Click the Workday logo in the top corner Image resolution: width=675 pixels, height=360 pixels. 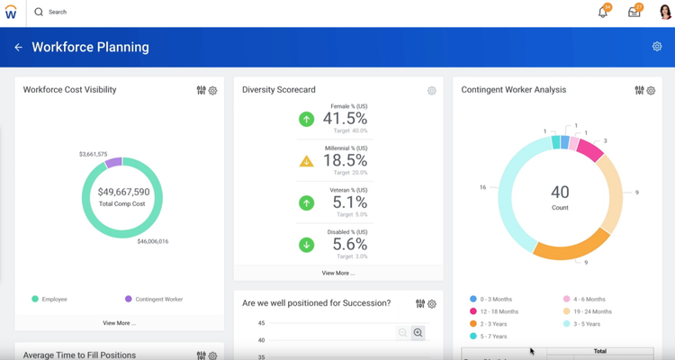[12, 13]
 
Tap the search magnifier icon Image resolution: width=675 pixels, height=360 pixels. [39, 13]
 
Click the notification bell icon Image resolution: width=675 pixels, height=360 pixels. [603, 13]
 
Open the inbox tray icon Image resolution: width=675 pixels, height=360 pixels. [634, 13]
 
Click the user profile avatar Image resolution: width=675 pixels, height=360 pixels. [665, 13]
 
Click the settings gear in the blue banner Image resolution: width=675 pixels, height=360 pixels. [657, 47]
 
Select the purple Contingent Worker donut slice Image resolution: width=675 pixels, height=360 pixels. [113, 163]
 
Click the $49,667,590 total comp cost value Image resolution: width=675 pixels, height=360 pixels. [123, 192]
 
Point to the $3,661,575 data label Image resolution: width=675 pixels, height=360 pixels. [93, 154]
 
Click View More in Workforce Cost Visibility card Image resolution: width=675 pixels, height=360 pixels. [119, 322]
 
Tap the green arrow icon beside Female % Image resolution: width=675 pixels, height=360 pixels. [306, 119]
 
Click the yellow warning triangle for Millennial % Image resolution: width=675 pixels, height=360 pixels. [306, 161]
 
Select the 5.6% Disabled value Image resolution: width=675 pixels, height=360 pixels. [345, 244]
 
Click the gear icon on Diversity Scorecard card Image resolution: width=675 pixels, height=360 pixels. [432, 91]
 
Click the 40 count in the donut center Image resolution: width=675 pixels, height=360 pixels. [560, 192]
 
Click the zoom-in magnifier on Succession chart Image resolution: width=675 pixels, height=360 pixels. [418, 333]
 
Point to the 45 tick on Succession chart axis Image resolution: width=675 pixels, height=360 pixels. [261, 323]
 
